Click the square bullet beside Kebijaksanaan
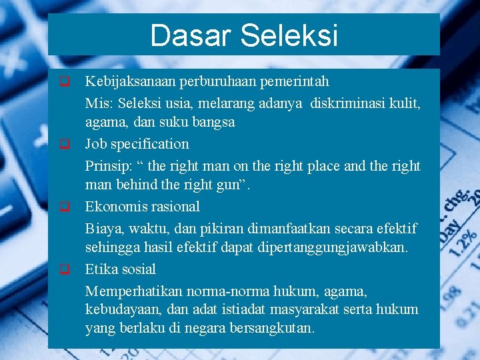pos(65,83)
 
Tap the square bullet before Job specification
pos(65,143)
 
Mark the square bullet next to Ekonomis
pos(65,206)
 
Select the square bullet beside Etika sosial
pos(65,269)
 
